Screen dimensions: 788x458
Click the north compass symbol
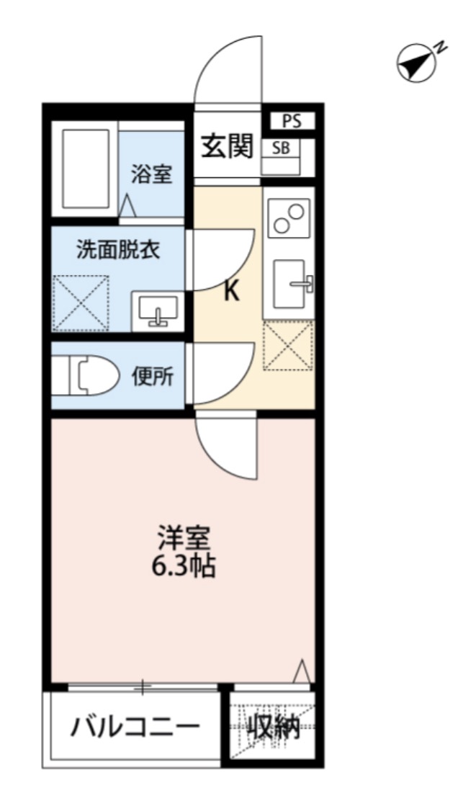(417, 63)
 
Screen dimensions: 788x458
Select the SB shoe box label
(281, 150)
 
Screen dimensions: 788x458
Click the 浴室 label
(151, 174)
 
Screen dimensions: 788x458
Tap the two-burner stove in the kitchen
(289, 218)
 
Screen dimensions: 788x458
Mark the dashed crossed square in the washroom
(81, 303)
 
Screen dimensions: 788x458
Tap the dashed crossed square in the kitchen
(288, 346)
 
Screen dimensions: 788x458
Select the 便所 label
(152, 377)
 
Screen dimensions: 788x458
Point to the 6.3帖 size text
(184, 567)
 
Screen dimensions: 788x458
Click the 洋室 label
(184, 538)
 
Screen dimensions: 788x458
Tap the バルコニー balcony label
(135, 730)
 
